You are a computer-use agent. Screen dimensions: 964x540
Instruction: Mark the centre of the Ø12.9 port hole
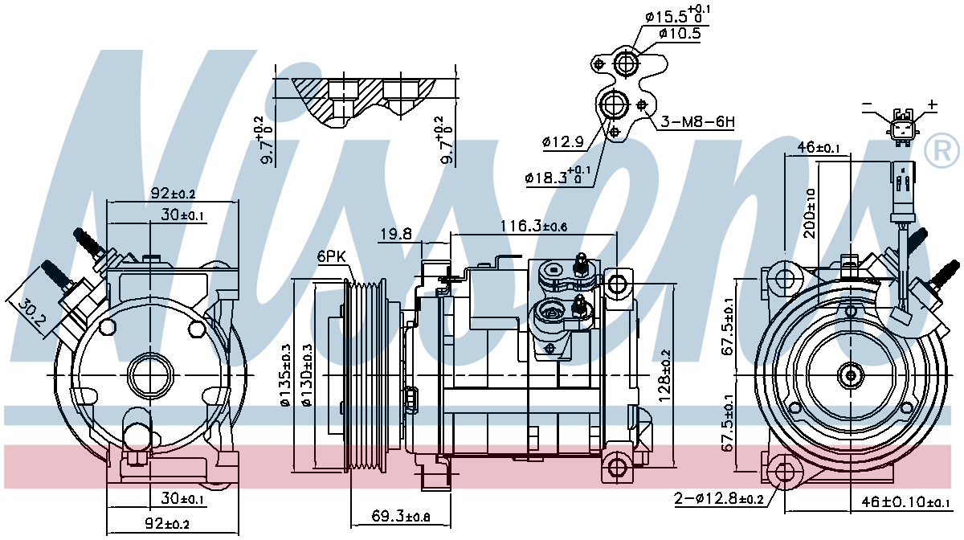pos(613,104)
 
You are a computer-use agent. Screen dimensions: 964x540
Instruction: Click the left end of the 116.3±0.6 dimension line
pos(451,235)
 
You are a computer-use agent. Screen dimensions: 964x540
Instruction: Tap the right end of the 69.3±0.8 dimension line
pos(451,526)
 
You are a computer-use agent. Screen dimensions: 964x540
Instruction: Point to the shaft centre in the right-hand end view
pos(851,375)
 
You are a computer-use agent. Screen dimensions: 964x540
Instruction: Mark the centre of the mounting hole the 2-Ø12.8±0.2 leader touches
pos(785,472)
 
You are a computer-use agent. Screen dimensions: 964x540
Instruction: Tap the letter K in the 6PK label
pos(340,256)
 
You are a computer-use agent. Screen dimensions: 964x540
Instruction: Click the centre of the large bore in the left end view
pos(150,375)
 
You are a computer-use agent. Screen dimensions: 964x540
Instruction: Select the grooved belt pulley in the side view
pos(366,374)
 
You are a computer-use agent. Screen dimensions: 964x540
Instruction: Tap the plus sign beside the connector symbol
pos(932,104)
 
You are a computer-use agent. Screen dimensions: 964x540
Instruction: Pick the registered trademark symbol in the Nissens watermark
pos(942,151)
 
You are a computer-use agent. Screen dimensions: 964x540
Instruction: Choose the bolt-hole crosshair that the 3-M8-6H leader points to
pos(642,104)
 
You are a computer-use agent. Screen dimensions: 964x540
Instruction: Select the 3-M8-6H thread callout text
pos(697,122)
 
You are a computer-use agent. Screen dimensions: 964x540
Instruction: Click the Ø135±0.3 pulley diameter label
pos(287,374)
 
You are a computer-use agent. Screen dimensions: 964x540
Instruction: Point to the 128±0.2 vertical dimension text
pos(665,375)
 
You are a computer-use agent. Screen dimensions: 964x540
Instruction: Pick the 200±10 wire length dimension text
pos(810,213)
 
